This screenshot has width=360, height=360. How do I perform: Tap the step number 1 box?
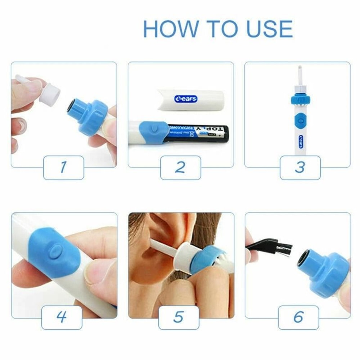[x=64, y=167]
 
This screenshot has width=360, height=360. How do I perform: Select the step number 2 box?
[x=180, y=167]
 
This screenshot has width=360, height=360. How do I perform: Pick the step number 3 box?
[x=300, y=167]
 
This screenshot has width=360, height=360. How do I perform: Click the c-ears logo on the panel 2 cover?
[x=186, y=98]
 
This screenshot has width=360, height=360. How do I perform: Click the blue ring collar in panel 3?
[x=299, y=98]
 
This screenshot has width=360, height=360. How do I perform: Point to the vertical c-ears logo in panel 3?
[x=300, y=141]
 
